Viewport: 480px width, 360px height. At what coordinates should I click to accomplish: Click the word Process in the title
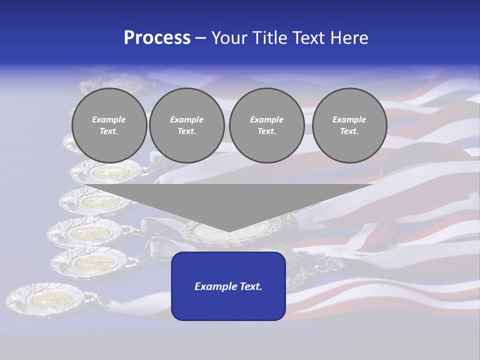[x=157, y=38]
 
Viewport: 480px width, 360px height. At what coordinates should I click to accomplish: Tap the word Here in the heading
[x=350, y=38]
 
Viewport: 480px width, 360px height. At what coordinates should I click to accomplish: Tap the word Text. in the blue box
[x=251, y=286]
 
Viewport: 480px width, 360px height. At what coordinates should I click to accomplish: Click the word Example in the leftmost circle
[x=109, y=119]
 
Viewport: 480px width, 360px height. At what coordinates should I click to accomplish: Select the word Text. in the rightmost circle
[x=349, y=131]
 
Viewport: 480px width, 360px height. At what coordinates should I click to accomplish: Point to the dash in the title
[x=201, y=38]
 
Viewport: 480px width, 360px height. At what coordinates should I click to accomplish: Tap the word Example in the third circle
[x=266, y=119]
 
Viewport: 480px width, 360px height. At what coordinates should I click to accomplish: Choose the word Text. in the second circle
[x=187, y=131]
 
